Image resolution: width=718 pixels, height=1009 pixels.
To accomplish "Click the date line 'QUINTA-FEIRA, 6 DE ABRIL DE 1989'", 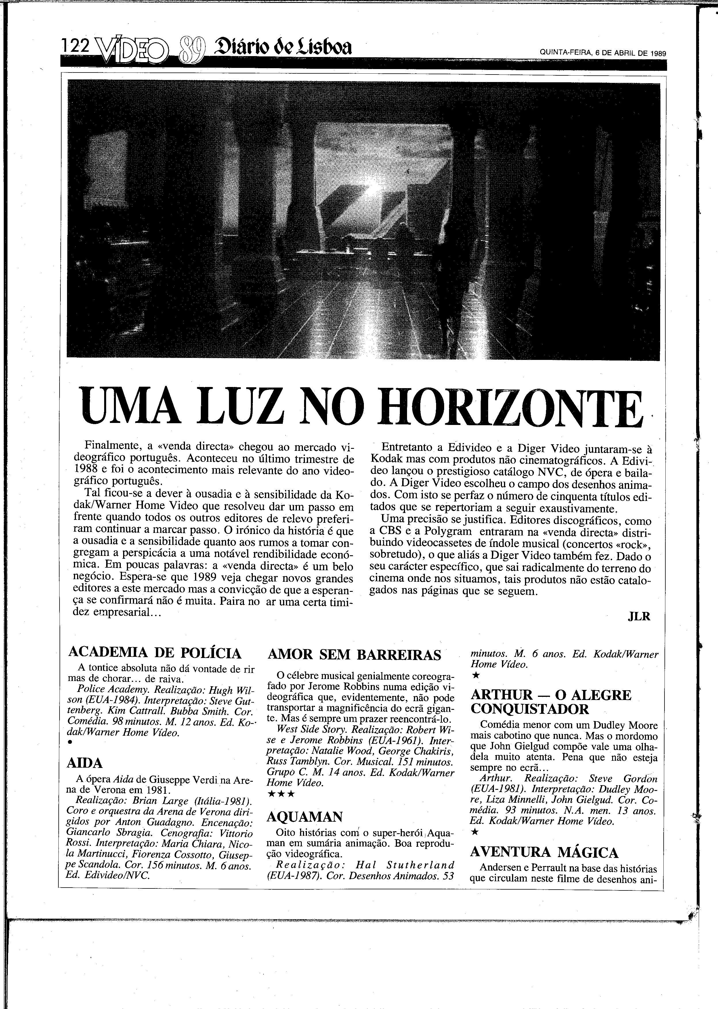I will (603, 53).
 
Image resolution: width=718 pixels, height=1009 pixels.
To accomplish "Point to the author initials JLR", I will (639, 617).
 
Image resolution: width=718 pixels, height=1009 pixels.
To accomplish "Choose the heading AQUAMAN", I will (305, 816).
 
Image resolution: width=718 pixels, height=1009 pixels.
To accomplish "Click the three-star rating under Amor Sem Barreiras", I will (281, 794).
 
